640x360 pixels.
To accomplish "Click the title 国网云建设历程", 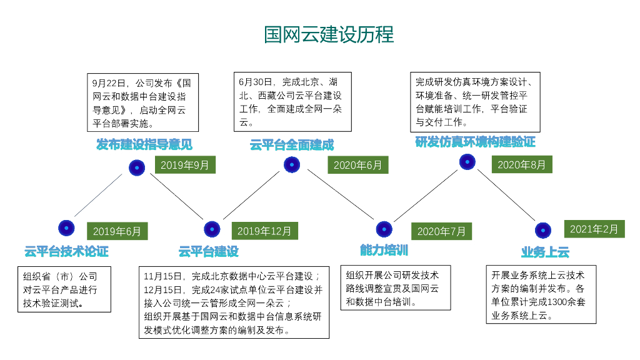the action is coord(329,34).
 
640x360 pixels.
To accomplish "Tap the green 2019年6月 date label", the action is coord(117,231).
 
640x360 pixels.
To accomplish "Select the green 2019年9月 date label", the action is coord(185,165).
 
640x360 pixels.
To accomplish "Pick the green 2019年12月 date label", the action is coord(264,231).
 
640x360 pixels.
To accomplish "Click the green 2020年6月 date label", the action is coord(358,165).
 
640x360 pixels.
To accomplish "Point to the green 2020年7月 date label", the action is coord(441,231).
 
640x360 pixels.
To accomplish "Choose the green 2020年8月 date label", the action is coord(522,164).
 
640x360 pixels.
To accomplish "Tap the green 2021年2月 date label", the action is coord(594,229).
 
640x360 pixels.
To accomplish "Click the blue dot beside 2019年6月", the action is coord(66,228).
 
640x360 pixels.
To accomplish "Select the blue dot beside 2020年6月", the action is coord(292,164).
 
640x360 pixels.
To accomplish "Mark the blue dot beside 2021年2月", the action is coord(543,230).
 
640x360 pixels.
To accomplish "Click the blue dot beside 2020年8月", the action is coord(467,162).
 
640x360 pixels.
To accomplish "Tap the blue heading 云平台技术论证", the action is coord(66,251).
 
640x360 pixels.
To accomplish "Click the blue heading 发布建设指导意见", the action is coord(144,144).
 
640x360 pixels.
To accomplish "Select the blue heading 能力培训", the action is coord(384,250).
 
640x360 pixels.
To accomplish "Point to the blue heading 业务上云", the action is coord(545,252).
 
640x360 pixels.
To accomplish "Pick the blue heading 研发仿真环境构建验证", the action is coord(475,142).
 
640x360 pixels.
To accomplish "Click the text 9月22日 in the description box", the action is coord(109,83).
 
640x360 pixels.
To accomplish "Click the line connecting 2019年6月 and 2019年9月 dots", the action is coord(98,195).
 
